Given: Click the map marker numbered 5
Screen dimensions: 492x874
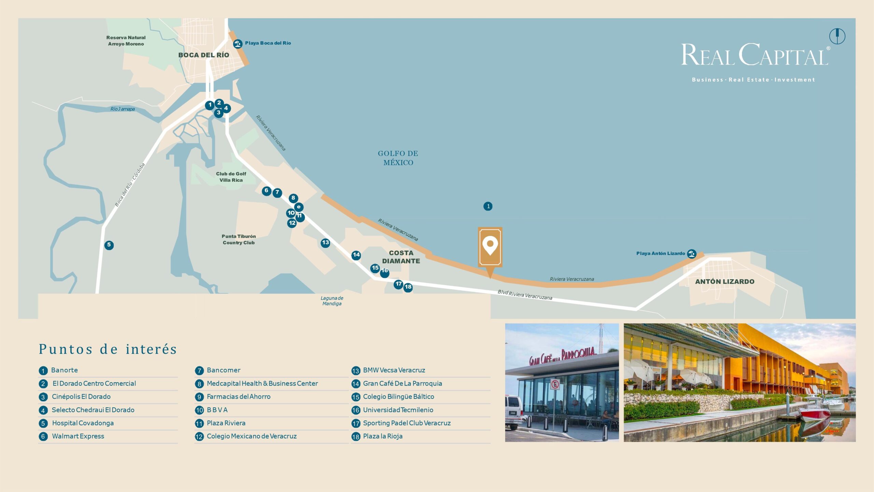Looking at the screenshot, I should [x=109, y=245].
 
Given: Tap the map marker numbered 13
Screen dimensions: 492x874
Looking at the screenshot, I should [x=325, y=243].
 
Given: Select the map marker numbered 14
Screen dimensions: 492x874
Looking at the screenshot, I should [x=356, y=255].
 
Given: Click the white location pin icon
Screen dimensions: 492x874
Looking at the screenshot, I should [x=490, y=246].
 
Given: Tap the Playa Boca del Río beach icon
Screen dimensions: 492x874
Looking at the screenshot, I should [x=238, y=44].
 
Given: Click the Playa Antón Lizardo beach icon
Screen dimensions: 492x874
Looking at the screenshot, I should [x=692, y=254].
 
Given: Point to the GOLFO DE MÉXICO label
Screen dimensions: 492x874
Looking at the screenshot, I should [x=398, y=158].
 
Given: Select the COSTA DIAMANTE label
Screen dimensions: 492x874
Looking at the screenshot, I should [x=401, y=257].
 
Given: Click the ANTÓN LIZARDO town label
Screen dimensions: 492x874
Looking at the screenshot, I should [x=725, y=282].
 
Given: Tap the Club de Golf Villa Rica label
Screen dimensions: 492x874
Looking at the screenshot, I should [x=231, y=177].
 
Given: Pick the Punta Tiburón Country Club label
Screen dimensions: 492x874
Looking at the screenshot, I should [x=239, y=240].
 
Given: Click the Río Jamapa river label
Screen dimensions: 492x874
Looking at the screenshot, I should [x=123, y=109].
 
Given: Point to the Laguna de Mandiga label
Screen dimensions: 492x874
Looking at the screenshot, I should [x=332, y=301].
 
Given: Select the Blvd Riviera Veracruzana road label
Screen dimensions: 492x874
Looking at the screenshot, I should [x=525, y=295].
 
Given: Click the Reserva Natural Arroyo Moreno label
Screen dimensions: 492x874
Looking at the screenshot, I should [x=126, y=41].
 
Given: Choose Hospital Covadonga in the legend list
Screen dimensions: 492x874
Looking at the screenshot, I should [x=83, y=423].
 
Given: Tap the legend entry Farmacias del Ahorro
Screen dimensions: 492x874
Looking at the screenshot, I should [x=238, y=397].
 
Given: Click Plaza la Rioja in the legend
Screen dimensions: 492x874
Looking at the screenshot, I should [x=382, y=436].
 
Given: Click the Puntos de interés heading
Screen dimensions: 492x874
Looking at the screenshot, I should [x=108, y=349].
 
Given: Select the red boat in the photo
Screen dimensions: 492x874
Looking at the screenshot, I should [x=815, y=414].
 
